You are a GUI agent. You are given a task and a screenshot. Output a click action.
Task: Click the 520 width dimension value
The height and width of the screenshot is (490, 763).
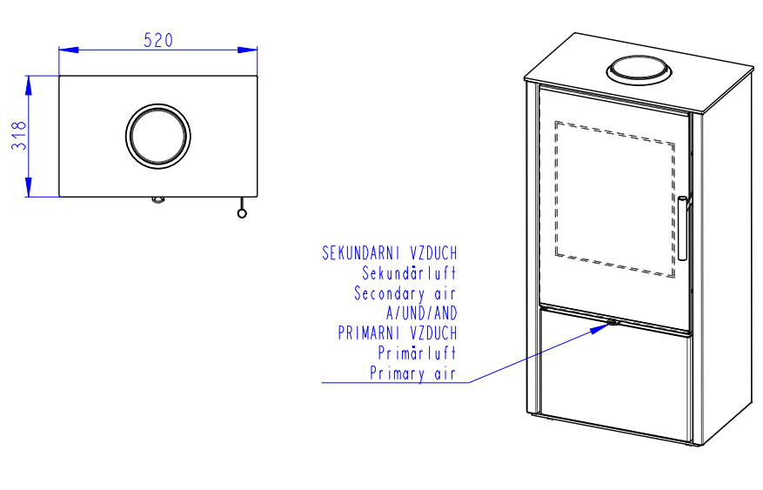pos(158,40)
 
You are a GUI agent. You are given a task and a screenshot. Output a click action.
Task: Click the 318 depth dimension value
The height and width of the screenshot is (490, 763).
pos(18,135)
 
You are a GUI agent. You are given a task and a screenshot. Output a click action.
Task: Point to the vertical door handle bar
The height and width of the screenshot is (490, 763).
pos(682,228)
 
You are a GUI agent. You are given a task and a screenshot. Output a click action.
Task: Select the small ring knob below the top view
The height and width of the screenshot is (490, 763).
pos(242,213)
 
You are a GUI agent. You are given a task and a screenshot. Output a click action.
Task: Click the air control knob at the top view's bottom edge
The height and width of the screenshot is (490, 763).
pos(158,199)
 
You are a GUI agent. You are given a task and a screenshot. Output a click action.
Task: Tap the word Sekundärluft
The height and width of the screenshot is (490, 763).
pos(409,273)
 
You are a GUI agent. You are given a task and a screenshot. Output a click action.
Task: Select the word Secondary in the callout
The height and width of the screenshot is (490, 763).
pos(389,293)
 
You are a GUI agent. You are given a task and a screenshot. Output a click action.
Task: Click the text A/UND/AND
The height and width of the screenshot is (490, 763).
pos(421,312)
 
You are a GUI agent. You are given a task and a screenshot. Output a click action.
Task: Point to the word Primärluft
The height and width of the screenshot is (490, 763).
pos(417,352)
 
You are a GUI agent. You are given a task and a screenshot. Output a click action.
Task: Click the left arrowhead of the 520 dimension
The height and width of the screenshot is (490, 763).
pos(69,50)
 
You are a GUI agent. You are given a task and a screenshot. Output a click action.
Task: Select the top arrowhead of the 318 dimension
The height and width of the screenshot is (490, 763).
pos(29,85)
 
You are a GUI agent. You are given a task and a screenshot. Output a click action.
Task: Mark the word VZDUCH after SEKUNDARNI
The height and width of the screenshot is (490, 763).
pos(433,253)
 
